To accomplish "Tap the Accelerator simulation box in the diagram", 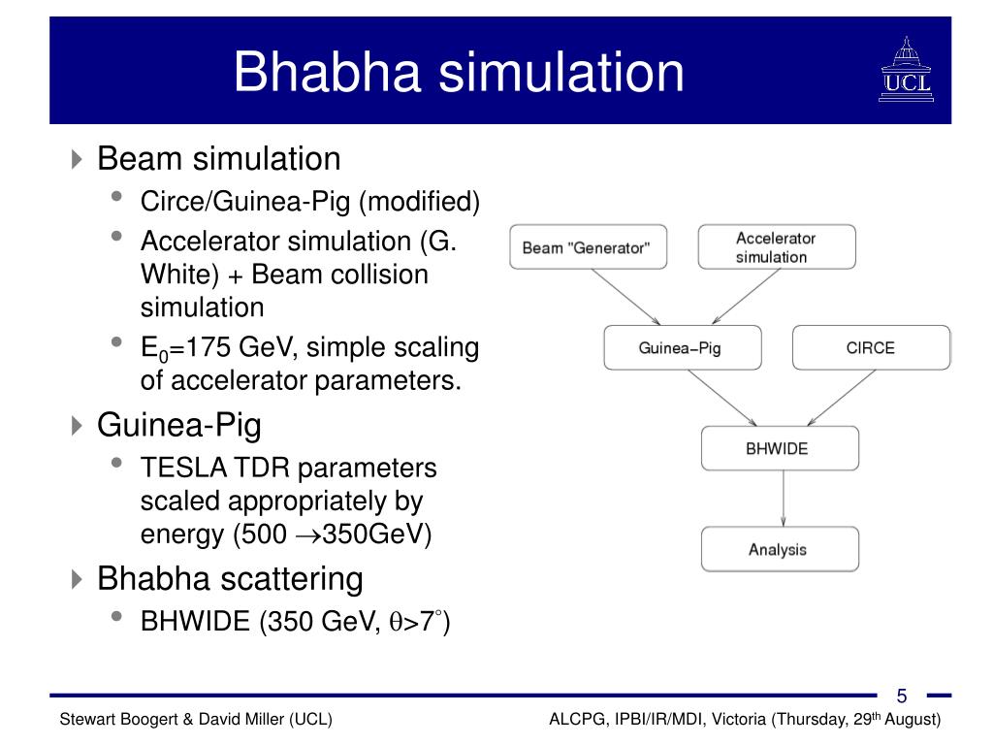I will click(x=777, y=247).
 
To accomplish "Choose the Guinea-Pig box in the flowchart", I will click(x=682, y=347).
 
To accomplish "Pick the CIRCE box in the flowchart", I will click(x=871, y=347).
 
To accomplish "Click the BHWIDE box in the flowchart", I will click(x=780, y=449).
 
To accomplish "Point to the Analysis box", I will click(x=780, y=549).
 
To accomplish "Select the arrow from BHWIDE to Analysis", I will click(x=783, y=499).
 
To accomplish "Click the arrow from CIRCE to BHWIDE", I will click(x=827, y=398).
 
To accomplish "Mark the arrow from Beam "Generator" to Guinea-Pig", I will click(x=626, y=297).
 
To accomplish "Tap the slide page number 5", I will click(x=902, y=696).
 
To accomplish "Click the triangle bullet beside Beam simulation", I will click(x=78, y=159).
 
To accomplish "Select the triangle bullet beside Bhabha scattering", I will click(x=78, y=580).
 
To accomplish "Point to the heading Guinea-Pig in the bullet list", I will click(x=179, y=425).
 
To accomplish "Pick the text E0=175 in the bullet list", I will click(x=184, y=347).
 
